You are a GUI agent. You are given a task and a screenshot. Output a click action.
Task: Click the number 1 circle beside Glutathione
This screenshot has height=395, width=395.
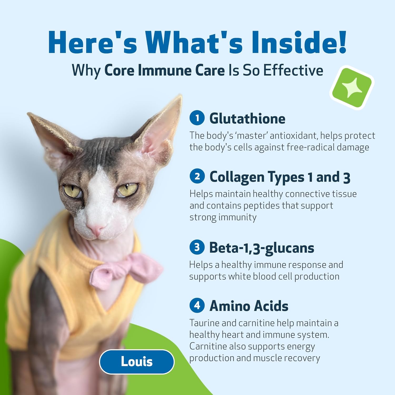197,118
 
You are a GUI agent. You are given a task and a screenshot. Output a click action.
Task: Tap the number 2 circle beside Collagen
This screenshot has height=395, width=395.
197,176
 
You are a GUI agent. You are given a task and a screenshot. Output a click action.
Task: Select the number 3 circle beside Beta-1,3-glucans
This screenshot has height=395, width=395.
197,247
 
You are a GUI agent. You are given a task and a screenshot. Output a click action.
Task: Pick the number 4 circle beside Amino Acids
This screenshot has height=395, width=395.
197,305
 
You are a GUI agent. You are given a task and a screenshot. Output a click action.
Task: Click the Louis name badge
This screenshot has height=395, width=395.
137,362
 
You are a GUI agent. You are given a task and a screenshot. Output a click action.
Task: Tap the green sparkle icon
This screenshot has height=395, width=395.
352,88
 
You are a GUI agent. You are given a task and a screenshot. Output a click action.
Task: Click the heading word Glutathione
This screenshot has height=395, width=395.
247,118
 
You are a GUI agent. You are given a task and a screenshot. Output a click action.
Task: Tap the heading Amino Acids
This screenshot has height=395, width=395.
249,306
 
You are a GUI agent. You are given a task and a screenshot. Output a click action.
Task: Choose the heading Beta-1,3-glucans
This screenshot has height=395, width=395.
262,248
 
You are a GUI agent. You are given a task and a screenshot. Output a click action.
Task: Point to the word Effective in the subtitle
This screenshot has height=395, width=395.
293,70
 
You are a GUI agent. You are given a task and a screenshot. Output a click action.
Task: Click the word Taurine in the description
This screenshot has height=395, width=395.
204,323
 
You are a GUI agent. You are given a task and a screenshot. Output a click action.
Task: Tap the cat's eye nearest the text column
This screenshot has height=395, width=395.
127,189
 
